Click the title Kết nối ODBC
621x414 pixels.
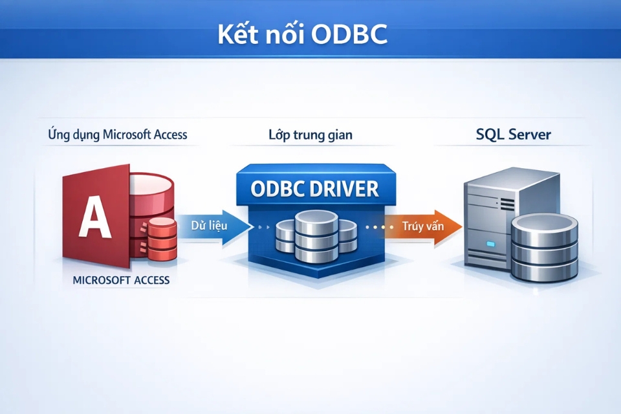click(x=303, y=36)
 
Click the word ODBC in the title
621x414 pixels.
click(x=349, y=36)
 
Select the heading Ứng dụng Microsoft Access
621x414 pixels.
click(x=118, y=135)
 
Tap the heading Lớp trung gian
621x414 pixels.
click(x=310, y=135)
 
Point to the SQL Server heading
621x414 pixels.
click(x=514, y=135)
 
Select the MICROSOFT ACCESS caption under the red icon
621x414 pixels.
click(x=122, y=280)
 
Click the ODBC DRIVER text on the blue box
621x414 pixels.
click(x=314, y=189)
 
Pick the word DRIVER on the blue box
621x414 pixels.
click(x=347, y=189)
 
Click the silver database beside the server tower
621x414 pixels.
click(x=543, y=249)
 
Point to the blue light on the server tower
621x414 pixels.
click(x=490, y=244)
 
